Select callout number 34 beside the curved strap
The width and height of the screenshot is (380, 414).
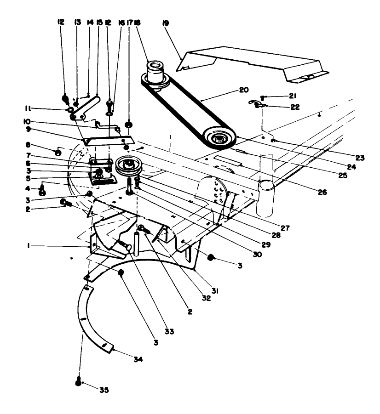[138, 359]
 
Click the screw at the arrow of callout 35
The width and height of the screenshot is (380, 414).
[78, 380]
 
